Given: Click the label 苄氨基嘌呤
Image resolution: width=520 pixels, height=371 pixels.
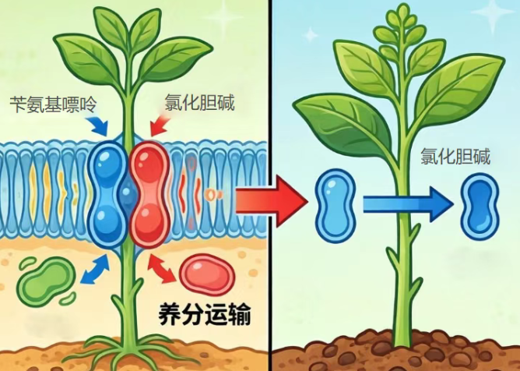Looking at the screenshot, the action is coord(53,104).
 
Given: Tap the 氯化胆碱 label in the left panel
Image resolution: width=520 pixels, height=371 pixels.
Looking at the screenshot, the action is coord(199,102).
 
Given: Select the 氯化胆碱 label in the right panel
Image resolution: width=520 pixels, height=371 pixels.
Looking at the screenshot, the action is coord(455,156).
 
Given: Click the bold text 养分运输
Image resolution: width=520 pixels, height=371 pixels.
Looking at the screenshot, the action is coord(205,314).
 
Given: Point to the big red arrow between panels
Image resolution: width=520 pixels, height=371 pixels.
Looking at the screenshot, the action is coord(272,201).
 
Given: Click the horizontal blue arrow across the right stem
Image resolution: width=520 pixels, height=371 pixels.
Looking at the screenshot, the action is coord(408,204).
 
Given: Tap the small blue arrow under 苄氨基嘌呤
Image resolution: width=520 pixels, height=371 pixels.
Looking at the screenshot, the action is coord(99,125).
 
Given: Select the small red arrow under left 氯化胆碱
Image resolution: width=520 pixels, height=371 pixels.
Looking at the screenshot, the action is coord(160,125).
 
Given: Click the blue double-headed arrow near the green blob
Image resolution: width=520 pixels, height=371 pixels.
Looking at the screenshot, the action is coord(95,269).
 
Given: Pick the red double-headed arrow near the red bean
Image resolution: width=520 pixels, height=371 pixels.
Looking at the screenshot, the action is coord(162,269).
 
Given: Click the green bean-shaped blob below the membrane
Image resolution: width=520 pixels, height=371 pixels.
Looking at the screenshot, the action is coord(47,281).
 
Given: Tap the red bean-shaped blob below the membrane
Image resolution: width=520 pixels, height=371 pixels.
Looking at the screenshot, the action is coord(207,274).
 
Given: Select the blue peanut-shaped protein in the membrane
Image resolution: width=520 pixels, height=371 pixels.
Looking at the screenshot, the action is coord(107,194).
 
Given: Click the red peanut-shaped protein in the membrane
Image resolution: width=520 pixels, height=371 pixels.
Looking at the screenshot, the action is coord(149,194).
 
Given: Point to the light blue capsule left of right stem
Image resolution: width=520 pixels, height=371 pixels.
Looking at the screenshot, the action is coord(336,205).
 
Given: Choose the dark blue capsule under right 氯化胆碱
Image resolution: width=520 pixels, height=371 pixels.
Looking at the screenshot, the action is coord(480,207).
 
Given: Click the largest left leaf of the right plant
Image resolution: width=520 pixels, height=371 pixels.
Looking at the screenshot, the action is coord(343,125).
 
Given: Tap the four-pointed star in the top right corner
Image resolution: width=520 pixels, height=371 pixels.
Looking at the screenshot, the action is coord(493,12).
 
